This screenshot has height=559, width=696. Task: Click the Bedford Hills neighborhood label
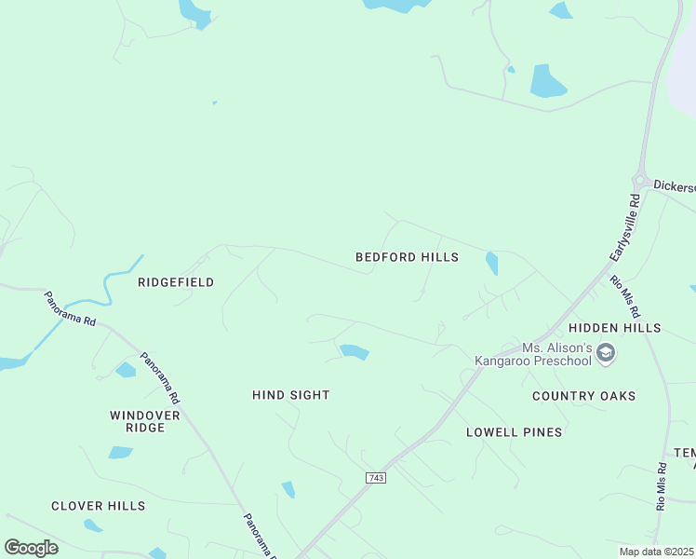tap(407, 257)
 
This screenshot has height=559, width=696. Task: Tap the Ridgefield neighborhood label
tap(176, 282)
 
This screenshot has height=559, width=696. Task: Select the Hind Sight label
tap(291, 395)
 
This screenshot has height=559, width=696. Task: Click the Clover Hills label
tap(98, 506)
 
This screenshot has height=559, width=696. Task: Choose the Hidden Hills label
tap(614, 328)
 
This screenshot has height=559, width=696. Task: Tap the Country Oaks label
tap(583, 396)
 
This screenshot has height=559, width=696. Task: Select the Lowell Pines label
tap(514, 432)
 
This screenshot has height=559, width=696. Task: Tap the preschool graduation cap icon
tap(606, 353)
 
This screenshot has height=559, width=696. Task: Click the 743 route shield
tap(376, 478)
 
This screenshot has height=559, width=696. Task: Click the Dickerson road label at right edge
tap(674, 186)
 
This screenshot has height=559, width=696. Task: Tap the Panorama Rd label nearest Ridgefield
tap(71, 309)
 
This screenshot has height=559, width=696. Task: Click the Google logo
tap(31, 548)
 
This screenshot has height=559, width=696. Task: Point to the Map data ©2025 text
tap(656, 552)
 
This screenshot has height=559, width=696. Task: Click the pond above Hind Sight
tap(355, 351)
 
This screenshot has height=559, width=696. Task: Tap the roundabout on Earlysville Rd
tap(639, 180)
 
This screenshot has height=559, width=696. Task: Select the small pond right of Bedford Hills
tap(491, 264)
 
